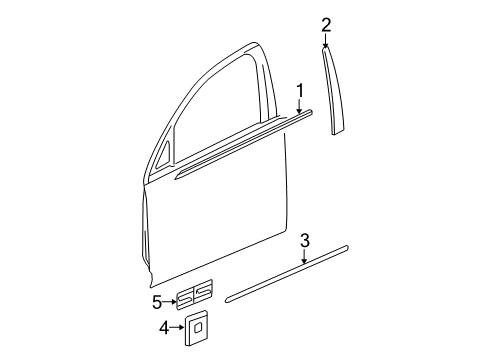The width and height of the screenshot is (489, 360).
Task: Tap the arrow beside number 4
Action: click(x=177, y=327)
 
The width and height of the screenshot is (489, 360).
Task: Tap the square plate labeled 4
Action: click(x=196, y=326)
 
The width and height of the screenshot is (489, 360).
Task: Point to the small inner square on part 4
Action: click(x=197, y=325)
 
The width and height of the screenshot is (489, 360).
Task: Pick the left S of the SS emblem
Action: click(x=185, y=296)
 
